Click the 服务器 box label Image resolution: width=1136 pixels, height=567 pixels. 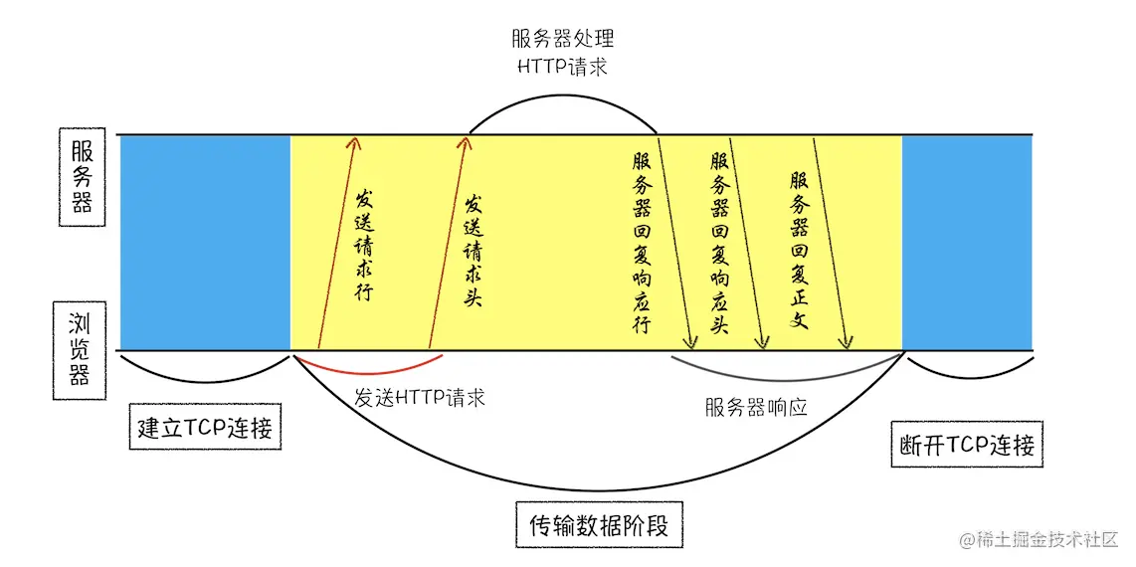click(82, 177)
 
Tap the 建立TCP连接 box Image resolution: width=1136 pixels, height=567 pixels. click(205, 430)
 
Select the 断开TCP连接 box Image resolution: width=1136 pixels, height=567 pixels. click(965, 446)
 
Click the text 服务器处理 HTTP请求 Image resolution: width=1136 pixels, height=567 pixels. click(563, 53)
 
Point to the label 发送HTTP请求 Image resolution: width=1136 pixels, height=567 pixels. click(420, 398)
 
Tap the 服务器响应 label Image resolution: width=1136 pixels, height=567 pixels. click(755, 406)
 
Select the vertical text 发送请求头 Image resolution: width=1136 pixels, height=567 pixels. click(473, 250)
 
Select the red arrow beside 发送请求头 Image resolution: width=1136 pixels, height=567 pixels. click(446, 244)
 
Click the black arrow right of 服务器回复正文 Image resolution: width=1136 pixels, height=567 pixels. click(830, 244)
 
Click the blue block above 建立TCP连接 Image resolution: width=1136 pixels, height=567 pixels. click(205, 242)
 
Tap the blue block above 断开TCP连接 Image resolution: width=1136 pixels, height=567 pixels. click(966, 242)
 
